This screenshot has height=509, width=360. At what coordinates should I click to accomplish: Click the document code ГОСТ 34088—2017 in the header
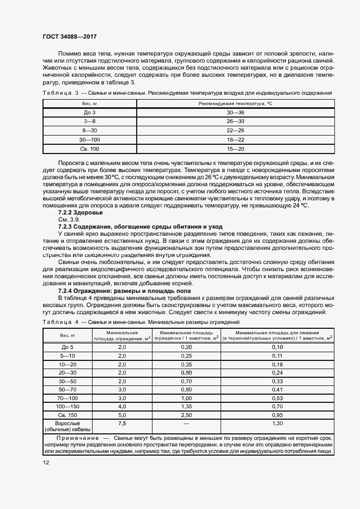point(70,37)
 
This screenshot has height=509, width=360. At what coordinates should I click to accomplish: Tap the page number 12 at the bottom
point(46,463)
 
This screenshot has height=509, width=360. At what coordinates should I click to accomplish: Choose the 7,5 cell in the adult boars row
point(122,423)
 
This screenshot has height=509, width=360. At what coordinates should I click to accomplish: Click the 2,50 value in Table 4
point(186,414)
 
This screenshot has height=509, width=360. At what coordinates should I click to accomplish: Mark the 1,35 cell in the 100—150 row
point(186,406)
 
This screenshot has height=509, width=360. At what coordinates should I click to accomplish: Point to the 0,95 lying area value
point(278,414)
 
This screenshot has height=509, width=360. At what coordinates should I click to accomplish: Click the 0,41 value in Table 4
point(278,390)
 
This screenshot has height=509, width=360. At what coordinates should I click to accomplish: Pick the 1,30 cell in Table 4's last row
point(278,423)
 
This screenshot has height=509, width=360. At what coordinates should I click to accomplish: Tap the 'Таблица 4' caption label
point(60,323)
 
